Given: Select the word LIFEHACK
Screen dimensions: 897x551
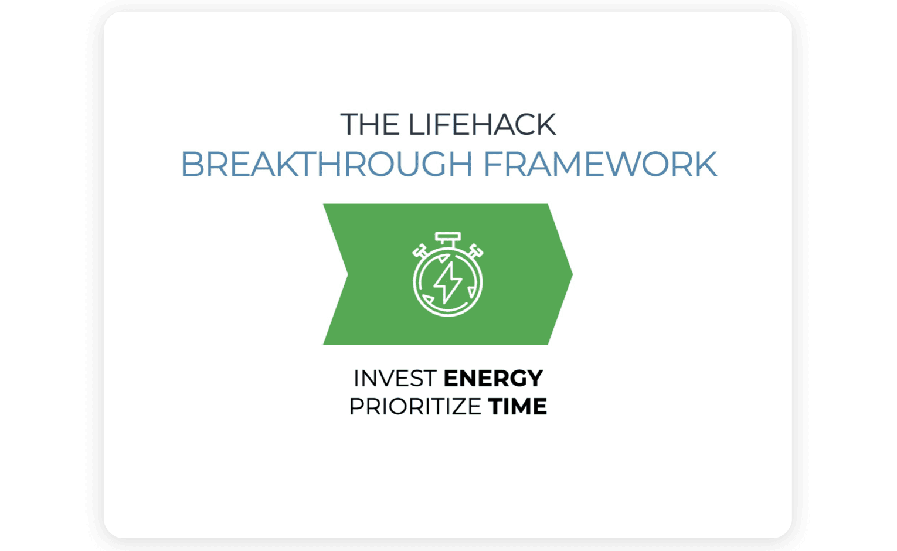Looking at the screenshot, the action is [x=482, y=124].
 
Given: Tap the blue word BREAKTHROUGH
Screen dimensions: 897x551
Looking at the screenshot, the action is [x=327, y=164].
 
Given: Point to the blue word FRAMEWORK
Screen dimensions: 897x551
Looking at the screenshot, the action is [x=600, y=164].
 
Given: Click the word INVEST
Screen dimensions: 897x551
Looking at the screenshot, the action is [x=395, y=378].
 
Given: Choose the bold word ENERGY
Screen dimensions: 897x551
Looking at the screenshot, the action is [x=494, y=378].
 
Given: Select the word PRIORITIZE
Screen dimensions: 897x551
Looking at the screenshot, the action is [x=415, y=406].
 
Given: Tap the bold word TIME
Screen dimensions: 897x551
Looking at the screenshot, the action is [x=517, y=406].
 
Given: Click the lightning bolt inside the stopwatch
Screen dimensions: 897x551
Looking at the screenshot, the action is [x=448, y=283].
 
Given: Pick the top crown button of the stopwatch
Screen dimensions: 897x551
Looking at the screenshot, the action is [x=448, y=238].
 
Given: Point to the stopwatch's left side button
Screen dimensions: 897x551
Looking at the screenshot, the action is [x=420, y=251].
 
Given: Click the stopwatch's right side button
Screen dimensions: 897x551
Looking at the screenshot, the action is [x=475, y=251].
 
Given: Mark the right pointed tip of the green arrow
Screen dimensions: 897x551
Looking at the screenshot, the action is [x=572, y=274].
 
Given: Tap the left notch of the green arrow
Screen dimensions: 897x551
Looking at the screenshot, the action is [x=347, y=275].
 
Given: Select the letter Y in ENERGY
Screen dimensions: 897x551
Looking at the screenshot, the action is [x=535, y=378].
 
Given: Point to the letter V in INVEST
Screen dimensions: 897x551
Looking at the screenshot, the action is [x=380, y=378].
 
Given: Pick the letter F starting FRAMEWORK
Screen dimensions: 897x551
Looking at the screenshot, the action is [x=493, y=164].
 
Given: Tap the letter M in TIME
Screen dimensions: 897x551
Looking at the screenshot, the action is [x=519, y=406].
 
